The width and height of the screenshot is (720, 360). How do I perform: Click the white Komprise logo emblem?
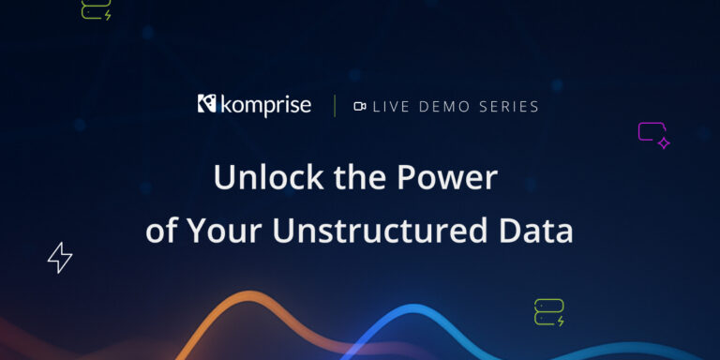(206, 103)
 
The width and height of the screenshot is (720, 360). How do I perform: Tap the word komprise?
(266, 105)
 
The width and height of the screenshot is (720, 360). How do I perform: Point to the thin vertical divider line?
(335, 106)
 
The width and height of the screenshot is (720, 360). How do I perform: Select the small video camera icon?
(360, 107)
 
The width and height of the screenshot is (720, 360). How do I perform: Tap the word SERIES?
(509, 107)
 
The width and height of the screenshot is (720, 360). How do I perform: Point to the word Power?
(447, 178)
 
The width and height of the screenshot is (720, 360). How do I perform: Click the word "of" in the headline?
(161, 232)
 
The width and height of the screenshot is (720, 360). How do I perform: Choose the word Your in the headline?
(224, 232)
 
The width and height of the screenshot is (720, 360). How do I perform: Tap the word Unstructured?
(380, 231)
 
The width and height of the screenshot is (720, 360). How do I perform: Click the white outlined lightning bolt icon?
(60, 258)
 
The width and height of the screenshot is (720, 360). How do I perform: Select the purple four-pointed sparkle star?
(664, 143)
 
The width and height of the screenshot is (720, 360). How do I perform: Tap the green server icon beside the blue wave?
(549, 312)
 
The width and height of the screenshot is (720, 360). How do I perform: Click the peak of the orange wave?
(248, 293)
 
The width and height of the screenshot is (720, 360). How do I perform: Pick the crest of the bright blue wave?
(412, 307)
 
